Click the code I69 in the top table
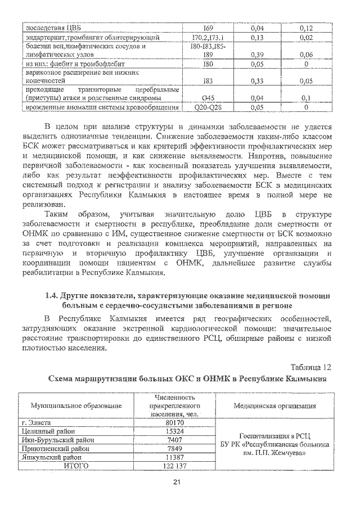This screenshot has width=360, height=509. point(207,28)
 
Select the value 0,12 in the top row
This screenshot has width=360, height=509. point(306,28)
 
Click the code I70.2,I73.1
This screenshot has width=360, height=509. point(207,38)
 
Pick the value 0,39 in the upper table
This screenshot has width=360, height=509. point(257,55)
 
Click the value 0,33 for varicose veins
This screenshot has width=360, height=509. point(257,81)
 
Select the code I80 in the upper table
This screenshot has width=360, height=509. point(207,65)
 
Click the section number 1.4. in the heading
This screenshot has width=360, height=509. point(53,295)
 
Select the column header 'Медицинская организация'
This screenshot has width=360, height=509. point(274,406)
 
